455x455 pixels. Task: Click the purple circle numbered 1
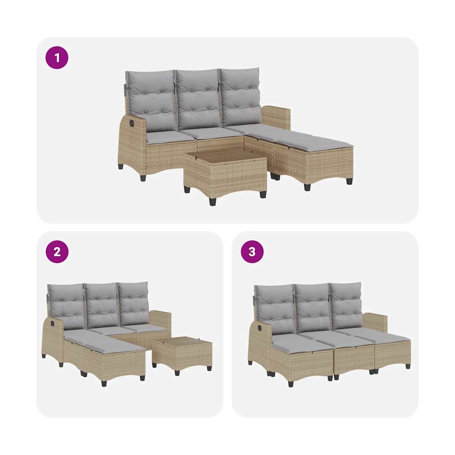coord(57,57)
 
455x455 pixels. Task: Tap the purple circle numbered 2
coord(57,252)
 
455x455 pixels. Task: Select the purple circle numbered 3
coord(252,252)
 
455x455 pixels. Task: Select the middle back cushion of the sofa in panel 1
coord(198,100)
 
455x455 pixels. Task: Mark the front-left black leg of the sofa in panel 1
coord(143,177)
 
